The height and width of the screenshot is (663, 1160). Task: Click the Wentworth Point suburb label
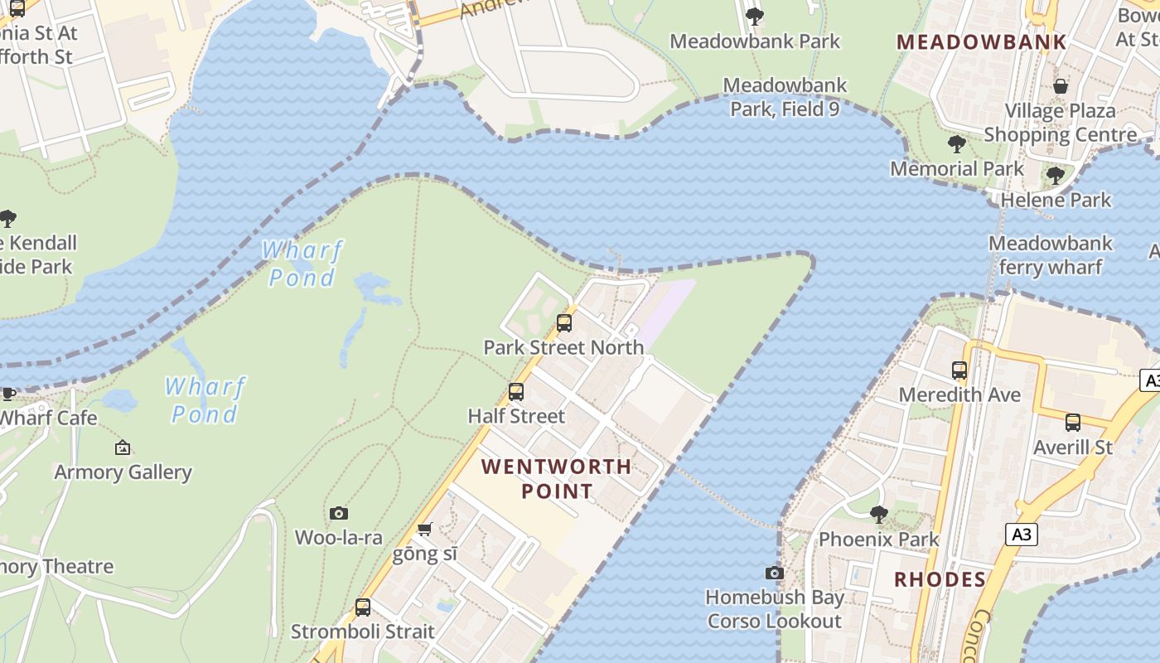[556, 478]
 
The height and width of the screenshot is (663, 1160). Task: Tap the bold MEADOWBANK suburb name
[981, 41]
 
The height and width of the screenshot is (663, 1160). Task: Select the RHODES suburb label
[940, 578]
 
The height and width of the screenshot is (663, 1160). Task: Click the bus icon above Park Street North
[564, 323]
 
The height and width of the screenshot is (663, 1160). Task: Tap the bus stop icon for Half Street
[516, 392]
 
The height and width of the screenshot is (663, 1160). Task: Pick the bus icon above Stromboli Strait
[363, 607]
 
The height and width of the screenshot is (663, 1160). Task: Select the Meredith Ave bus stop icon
[959, 370]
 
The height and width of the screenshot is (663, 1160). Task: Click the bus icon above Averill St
[1073, 423]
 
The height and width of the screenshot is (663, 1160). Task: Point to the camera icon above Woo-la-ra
[339, 514]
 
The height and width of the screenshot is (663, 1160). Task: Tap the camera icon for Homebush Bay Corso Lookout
[774, 573]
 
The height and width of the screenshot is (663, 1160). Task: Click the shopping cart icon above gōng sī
[425, 529]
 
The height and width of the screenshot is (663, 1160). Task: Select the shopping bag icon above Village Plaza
[1060, 86]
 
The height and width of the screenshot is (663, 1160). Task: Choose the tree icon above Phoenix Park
[878, 515]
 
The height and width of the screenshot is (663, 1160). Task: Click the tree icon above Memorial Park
[957, 144]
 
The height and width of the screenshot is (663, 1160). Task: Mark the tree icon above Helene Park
[1056, 176]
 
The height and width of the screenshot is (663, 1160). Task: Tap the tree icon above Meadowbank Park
[754, 16]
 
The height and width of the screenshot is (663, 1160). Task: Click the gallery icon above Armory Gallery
[123, 448]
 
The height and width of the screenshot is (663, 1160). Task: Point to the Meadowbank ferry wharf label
[1050, 255]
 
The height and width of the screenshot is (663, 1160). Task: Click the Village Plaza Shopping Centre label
[1060, 123]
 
